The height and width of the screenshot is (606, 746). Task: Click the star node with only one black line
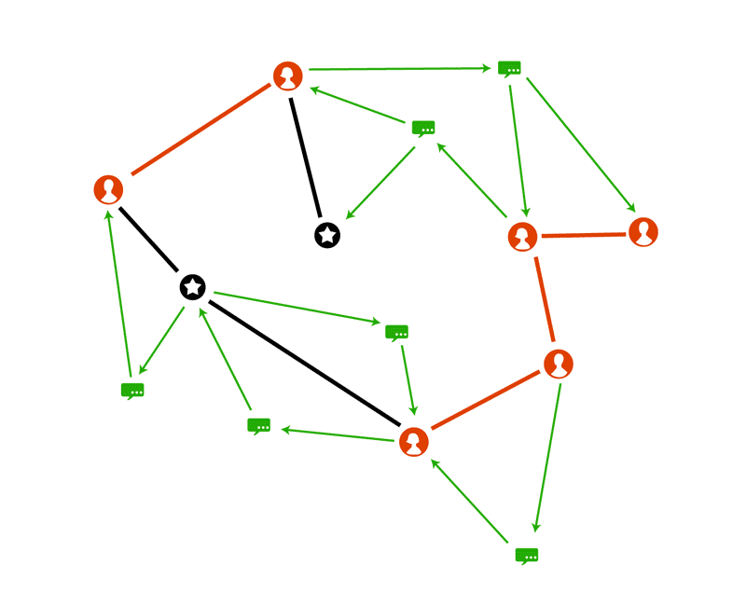(327, 235)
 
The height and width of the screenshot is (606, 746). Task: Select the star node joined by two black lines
(193, 287)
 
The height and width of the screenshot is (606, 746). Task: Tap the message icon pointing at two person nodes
(509, 68)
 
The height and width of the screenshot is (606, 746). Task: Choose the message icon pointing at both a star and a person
(424, 128)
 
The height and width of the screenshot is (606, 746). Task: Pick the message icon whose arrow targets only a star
(258, 425)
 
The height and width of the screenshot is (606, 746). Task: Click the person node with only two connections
(643, 231)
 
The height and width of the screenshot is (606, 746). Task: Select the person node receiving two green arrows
(414, 441)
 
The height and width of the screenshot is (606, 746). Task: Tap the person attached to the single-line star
(288, 76)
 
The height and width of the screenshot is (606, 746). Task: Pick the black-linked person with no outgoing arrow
(109, 189)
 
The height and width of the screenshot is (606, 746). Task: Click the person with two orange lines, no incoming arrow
(558, 364)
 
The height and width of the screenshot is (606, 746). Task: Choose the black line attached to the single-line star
(306, 156)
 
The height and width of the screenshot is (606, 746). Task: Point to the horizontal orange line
(584, 235)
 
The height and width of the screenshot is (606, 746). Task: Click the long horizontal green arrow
(399, 69)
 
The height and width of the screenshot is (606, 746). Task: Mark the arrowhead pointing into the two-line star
(200, 305)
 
